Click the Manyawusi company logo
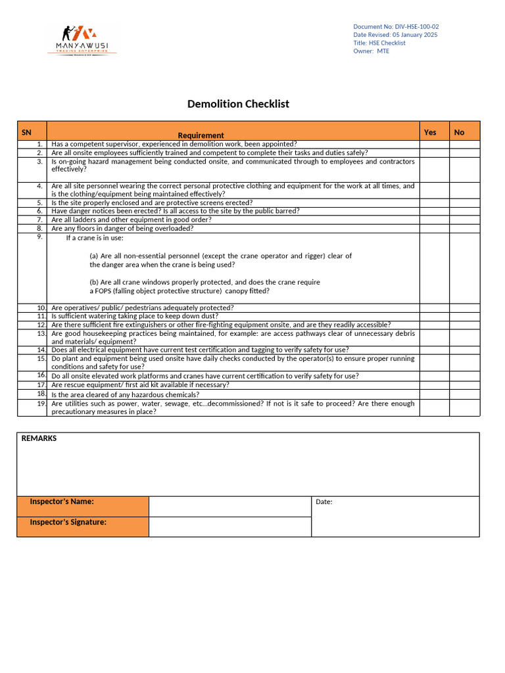82,39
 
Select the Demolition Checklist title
238,104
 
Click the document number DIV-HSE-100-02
417,27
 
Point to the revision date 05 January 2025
415,35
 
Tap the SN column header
26,132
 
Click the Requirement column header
201,135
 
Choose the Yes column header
430,132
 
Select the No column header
459,132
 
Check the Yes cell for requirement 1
434,144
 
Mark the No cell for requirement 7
465,220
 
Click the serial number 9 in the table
40,237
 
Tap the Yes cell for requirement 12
434,325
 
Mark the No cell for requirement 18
465,394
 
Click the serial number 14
41,350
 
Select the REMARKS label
39,438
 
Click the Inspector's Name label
62,501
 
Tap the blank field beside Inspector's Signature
229,526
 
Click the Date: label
324,502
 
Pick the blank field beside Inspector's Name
229,506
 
